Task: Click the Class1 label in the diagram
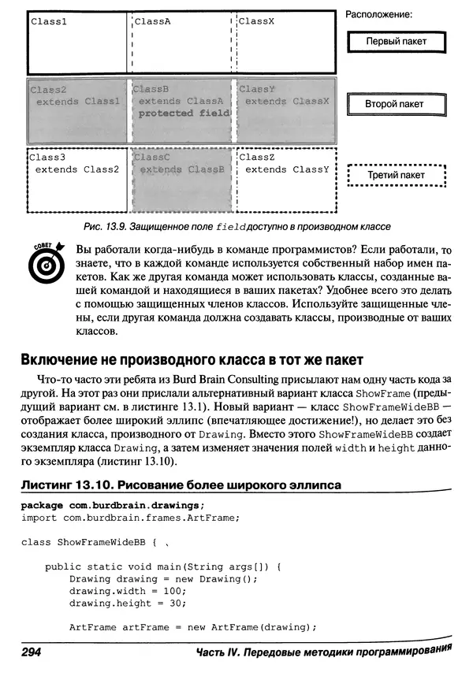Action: coord(49,22)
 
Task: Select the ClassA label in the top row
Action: coord(153,22)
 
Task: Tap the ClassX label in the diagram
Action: coord(256,22)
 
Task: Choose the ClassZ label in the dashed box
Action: coord(256,158)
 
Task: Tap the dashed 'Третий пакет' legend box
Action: coord(396,175)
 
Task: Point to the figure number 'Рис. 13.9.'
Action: coord(107,227)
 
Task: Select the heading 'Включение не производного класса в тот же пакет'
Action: coord(191,360)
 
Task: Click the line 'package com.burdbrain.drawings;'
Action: coord(112,504)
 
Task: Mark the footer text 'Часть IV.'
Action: coord(223,654)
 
